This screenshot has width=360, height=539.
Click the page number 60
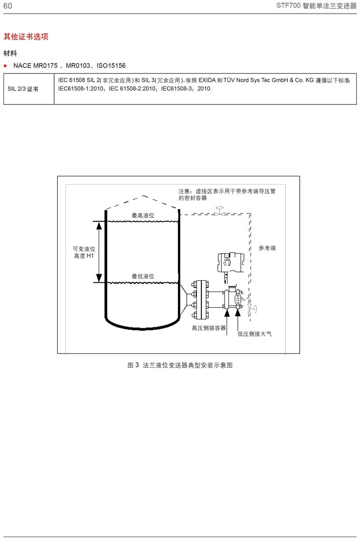(8, 6)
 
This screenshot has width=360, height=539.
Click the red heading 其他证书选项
(26, 37)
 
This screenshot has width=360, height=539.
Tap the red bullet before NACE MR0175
(5, 66)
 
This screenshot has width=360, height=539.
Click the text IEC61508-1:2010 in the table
(81, 88)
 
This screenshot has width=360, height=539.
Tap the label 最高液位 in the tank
(143, 216)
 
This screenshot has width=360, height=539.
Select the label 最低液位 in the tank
(143, 277)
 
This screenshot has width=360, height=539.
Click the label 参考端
(267, 248)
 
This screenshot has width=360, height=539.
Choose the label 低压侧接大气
(255, 333)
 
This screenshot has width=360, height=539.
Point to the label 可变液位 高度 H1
(84, 252)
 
